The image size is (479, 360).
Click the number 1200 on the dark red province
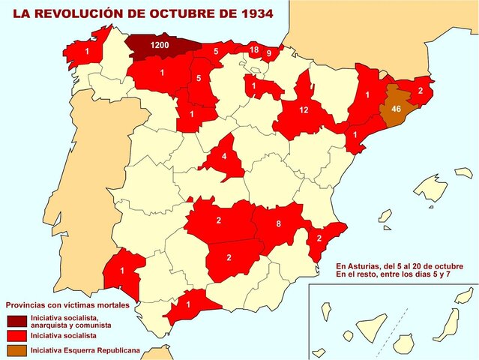coord(159,46)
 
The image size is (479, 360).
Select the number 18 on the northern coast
coord(254,50)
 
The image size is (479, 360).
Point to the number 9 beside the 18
coord(269,53)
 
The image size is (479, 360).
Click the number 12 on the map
coord(304,110)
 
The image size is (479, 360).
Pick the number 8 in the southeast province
coord(278,223)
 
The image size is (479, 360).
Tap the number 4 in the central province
coord(225,157)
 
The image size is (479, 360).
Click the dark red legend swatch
coord(16,322)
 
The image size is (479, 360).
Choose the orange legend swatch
coord(16,350)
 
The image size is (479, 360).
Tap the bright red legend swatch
coord(16,336)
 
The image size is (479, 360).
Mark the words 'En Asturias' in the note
coord(359,266)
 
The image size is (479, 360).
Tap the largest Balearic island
coord(432,184)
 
